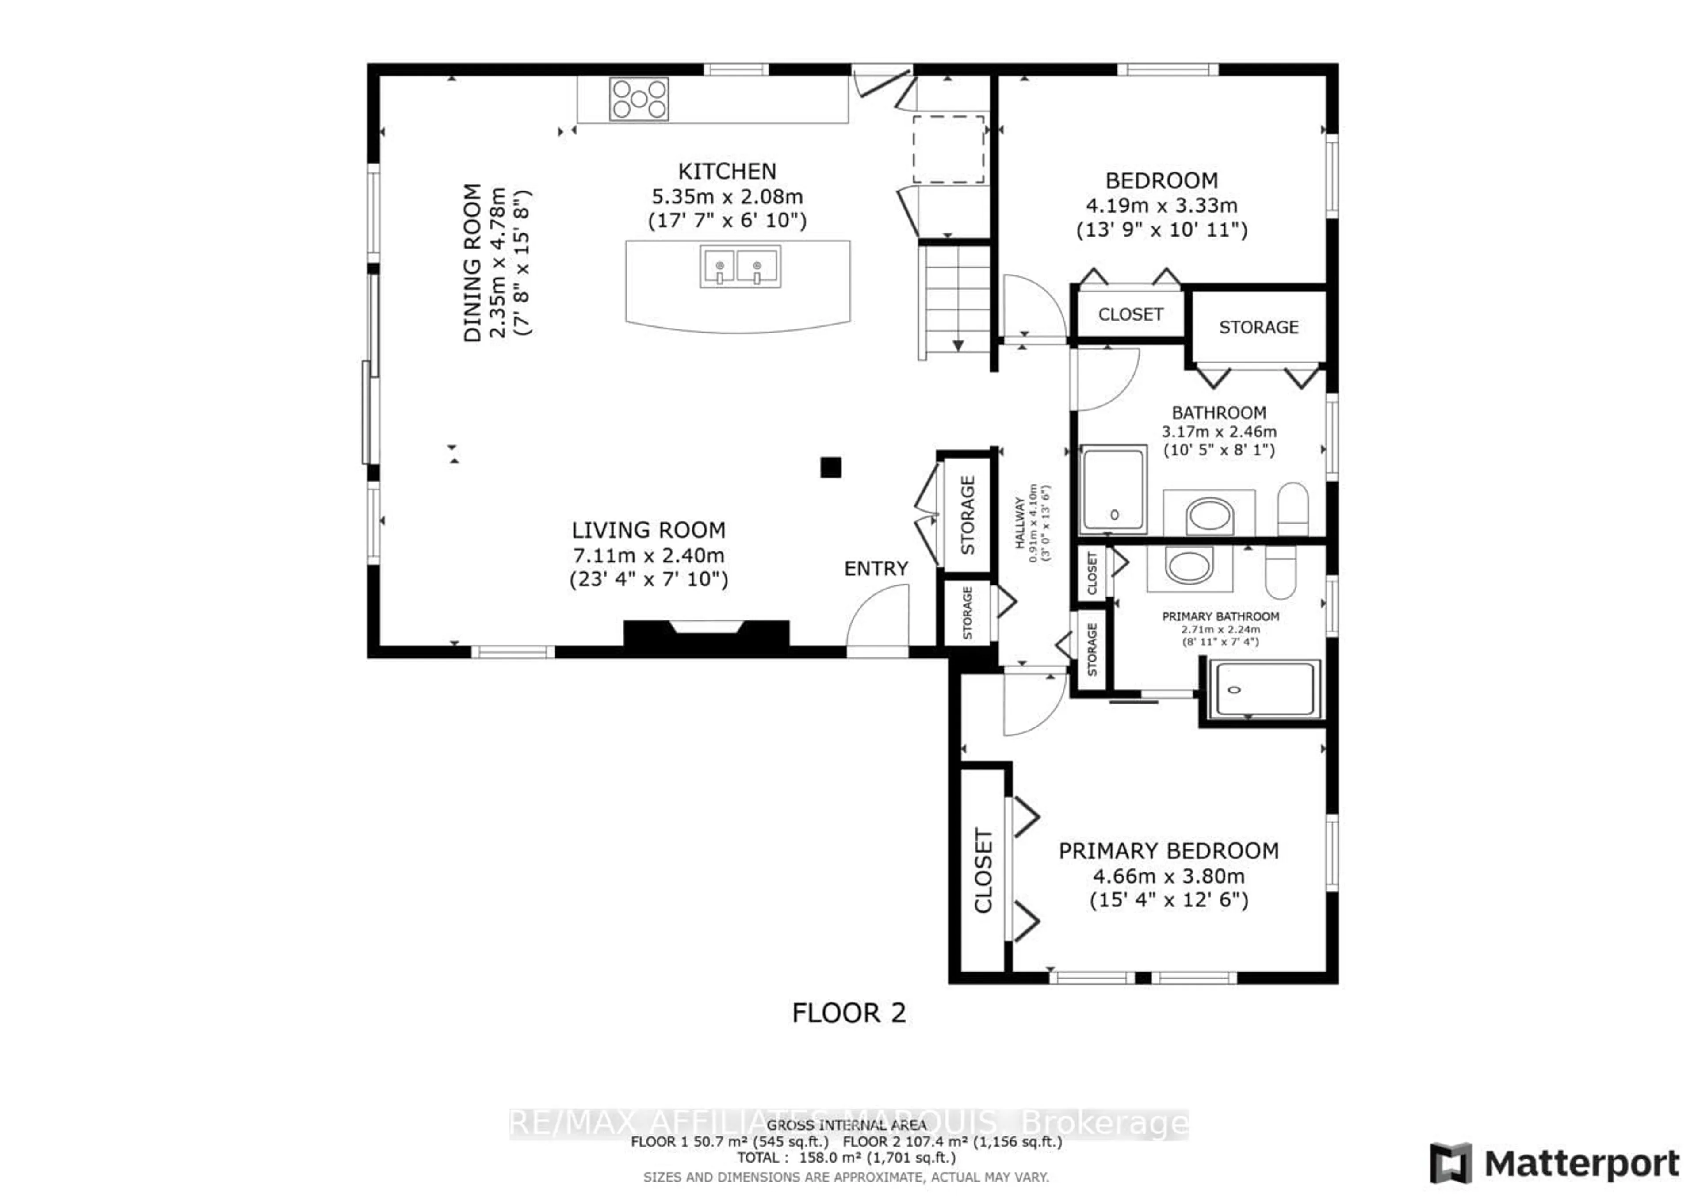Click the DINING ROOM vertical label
472,263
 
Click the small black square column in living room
830,467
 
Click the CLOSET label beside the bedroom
1130,314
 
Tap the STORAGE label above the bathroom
1258,327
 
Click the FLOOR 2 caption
848,1013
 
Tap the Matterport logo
1553,1163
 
